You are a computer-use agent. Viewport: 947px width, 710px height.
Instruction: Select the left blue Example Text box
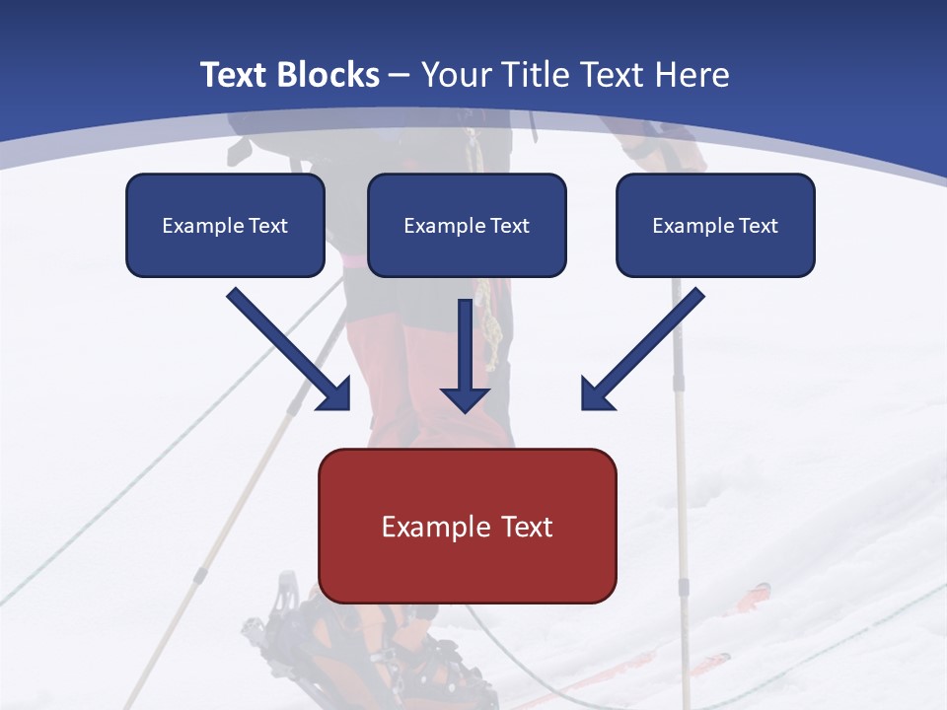[225, 226]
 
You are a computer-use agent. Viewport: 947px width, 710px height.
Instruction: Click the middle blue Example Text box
[467, 226]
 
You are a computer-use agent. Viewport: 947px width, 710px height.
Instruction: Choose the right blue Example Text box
[715, 226]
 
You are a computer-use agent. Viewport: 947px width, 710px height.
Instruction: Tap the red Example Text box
[467, 526]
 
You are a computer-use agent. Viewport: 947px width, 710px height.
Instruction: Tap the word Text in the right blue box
[758, 226]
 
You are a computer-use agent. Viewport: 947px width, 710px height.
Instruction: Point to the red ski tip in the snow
[756, 594]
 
